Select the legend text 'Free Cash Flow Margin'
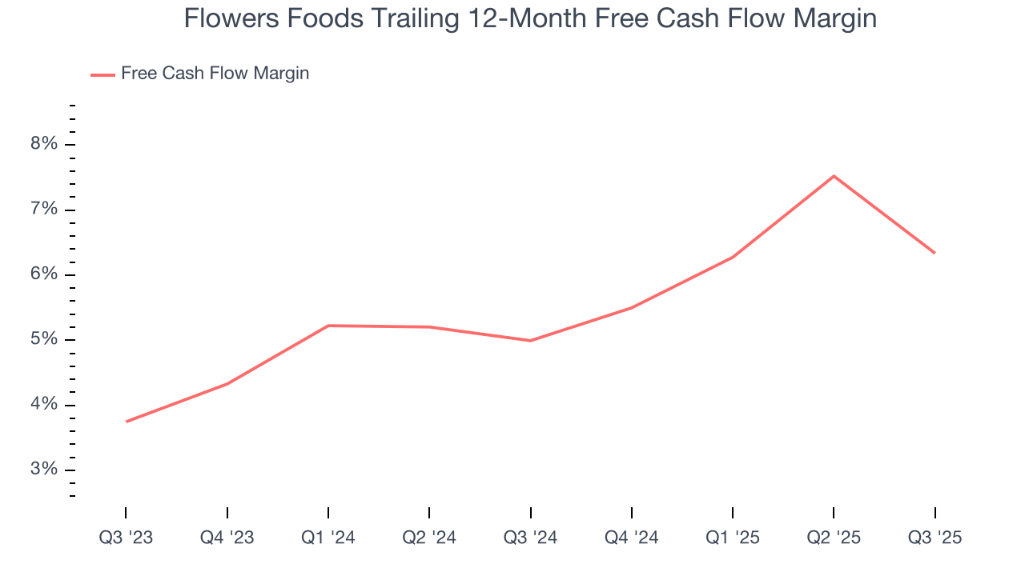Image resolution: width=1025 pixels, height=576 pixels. (x=215, y=74)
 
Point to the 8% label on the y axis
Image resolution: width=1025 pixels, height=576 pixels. (x=44, y=144)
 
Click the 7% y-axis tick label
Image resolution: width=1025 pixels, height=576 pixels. (x=44, y=210)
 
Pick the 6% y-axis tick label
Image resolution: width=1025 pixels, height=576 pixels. (x=44, y=274)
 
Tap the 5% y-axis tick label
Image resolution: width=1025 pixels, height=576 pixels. (x=44, y=339)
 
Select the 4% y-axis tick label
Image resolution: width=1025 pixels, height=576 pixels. (x=44, y=405)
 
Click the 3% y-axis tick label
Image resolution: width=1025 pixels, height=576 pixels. (x=44, y=470)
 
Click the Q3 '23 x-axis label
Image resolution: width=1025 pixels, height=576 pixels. (x=126, y=538)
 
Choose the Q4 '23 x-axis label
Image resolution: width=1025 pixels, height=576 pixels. (x=227, y=538)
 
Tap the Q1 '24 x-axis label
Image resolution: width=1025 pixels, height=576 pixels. (x=328, y=538)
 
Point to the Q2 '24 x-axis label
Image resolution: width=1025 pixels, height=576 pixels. (x=429, y=538)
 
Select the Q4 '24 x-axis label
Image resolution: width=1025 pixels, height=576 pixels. (x=632, y=538)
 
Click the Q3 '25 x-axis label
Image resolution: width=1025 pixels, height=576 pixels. (x=935, y=538)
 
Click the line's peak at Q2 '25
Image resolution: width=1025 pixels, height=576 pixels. (x=834, y=176)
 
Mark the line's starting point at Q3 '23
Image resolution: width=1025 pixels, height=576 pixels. (x=127, y=422)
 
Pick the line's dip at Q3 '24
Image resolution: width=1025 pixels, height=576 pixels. (x=531, y=341)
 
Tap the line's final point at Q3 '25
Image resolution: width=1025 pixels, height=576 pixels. (x=935, y=253)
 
